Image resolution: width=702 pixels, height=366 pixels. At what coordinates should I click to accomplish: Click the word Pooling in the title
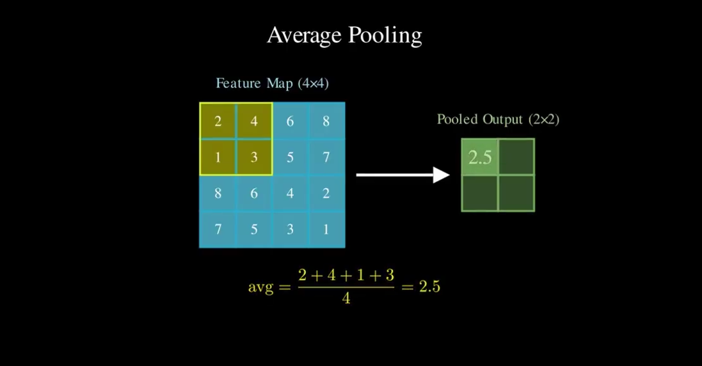[385, 36]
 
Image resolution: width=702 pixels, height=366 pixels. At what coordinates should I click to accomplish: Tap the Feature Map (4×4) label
[272, 83]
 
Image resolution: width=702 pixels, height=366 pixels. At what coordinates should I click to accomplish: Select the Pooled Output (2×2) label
[498, 119]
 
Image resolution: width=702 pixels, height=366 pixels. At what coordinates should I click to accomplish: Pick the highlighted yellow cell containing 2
[218, 121]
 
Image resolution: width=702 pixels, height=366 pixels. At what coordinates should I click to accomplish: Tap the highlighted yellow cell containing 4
[254, 121]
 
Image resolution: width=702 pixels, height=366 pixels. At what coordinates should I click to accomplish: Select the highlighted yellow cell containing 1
[218, 157]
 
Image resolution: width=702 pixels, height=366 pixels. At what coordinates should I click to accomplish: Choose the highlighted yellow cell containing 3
[254, 157]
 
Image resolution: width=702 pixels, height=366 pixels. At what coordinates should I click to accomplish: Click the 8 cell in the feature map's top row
[326, 121]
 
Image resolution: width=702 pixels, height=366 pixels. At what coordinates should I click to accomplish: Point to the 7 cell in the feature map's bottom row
[218, 229]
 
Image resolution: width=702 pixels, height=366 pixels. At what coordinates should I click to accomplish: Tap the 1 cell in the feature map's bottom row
[326, 229]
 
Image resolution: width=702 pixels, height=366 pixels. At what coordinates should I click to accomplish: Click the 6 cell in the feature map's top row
[290, 121]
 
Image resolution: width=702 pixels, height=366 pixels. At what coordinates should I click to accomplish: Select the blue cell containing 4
[290, 193]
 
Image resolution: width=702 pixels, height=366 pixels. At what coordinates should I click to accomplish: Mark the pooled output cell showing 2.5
[480, 157]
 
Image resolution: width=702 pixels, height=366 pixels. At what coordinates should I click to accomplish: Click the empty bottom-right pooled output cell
[516, 193]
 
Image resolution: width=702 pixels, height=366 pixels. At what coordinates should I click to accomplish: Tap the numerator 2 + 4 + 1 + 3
[346, 275]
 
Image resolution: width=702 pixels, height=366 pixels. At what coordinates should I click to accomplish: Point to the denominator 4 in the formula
[346, 298]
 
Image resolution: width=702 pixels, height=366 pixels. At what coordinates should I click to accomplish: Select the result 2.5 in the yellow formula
[429, 286]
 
